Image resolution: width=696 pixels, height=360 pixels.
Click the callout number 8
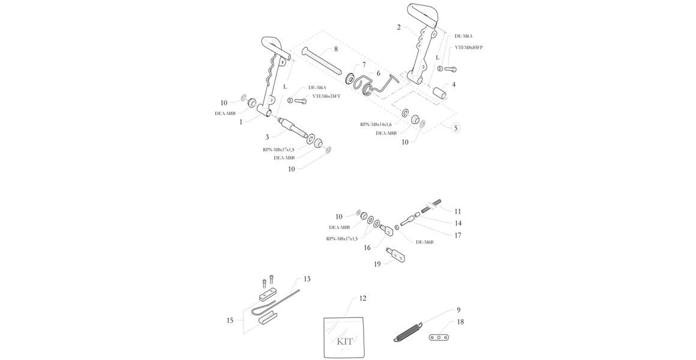[x=335, y=49]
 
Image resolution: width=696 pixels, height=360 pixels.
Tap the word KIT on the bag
[x=344, y=341]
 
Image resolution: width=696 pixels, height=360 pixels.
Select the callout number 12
[x=362, y=298]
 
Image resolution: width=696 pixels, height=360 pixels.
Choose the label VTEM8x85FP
[x=469, y=47]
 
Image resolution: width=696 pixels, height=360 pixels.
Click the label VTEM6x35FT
[x=326, y=96]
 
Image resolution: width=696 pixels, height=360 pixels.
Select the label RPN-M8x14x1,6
[x=379, y=124]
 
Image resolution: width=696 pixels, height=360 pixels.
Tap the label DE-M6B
[x=425, y=242]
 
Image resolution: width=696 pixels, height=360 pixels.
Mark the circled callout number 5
[x=455, y=128]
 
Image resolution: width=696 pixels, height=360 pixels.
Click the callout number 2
[x=398, y=27]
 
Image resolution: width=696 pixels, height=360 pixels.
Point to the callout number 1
[x=241, y=122]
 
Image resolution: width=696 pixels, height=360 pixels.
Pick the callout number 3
[x=267, y=137]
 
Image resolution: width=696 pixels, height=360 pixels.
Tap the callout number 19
[x=377, y=263]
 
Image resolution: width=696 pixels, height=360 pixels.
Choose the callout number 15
[x=230, y=321]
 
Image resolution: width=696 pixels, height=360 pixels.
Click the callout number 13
[x=307, y=279]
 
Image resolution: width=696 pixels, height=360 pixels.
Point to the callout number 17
[x=458, y=235]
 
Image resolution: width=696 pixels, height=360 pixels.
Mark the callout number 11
[x=458, y=211]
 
